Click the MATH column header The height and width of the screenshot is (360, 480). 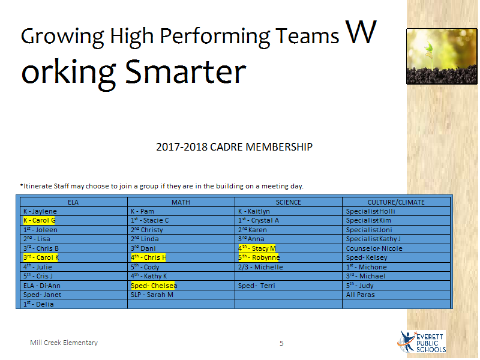[181, 202]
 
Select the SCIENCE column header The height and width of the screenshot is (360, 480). [289, 202]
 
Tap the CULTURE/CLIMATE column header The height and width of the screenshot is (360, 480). [396, 202]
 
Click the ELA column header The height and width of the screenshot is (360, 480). [73, 202]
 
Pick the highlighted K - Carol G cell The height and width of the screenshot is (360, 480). [40, 220]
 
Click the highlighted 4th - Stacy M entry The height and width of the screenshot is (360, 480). [257, 248]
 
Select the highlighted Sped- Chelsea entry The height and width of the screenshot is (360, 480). [154, 286]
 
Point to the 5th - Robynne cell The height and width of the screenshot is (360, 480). [259, 258]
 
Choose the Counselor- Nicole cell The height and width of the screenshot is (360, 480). [374, 248]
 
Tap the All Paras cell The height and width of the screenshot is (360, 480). [361, 295]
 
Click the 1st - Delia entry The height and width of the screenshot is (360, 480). [38, 304]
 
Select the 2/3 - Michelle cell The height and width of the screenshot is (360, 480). [260, 267]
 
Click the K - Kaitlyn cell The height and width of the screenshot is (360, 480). [254, 212]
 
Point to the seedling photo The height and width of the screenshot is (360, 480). [442, 56]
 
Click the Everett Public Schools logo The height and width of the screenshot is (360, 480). [422, 342]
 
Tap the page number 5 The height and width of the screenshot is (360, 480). [281, 343]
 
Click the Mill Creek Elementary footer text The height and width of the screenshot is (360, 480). [64, 343]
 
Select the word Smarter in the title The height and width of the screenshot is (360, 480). [185, 72]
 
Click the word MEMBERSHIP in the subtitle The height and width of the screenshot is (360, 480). [279, 147]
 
